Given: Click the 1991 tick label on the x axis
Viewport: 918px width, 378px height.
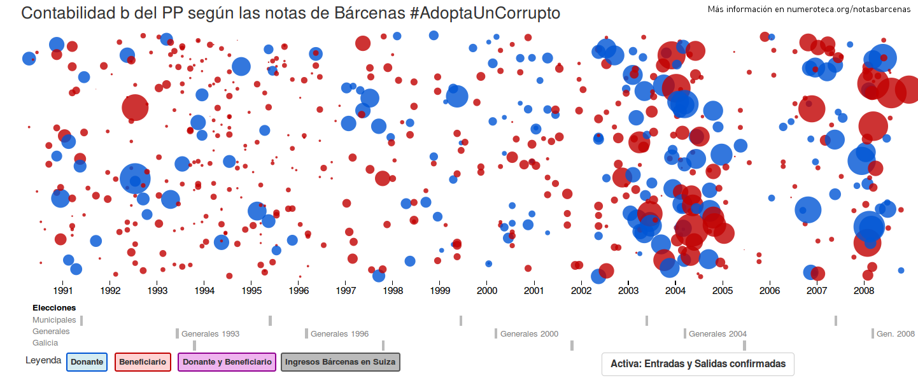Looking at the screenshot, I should pyautogui.click(x=63, y=291).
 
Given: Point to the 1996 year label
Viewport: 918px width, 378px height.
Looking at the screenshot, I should pyautogui.click(x=299, y=291).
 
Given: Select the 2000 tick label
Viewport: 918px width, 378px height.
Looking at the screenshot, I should pyautogui.click(x=487, y=291).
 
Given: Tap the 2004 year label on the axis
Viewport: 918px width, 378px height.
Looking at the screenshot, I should pyautogui.click(x=675, y=291).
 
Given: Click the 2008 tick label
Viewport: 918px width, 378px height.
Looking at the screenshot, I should pyautogui.click(x=864, y=291).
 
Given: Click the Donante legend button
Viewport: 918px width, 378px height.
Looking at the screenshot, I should pyautogui.click(x=87, y=362).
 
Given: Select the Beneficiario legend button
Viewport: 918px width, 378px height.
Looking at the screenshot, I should pyautogui.click(x=143, y=362).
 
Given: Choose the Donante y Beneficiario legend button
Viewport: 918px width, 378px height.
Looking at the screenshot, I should pyautogui.click(x=227, y=362).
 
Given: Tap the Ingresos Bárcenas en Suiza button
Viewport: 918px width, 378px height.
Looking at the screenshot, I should pyautogui.click(x=340, y=362).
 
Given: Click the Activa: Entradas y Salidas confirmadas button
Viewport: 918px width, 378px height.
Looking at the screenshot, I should pyautogui.click(x=698, y=364).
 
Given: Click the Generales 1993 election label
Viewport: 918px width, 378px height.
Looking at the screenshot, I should pyautogui.click(x=210, y=334).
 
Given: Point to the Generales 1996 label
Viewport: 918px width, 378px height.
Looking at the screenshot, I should pyautogui.click(x=339, y=334).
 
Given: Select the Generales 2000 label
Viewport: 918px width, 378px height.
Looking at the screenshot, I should pyautogui.click(x=529, y=334).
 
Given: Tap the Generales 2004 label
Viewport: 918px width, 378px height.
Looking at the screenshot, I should pyautogui.click(x=717, y=334).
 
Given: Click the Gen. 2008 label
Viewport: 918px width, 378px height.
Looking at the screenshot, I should pyautogui.click(x=895, y=334).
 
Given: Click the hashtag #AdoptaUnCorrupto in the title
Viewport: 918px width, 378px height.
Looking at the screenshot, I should pyautogui.click(x=486, y=13).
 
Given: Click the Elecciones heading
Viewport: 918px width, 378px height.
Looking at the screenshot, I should pyautogui.click(x=54, y=308).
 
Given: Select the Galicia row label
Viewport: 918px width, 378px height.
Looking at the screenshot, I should pyautogui.click(x=45, y=343).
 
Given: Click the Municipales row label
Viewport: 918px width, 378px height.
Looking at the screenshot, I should pyautogui.click(x=54, y=320).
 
